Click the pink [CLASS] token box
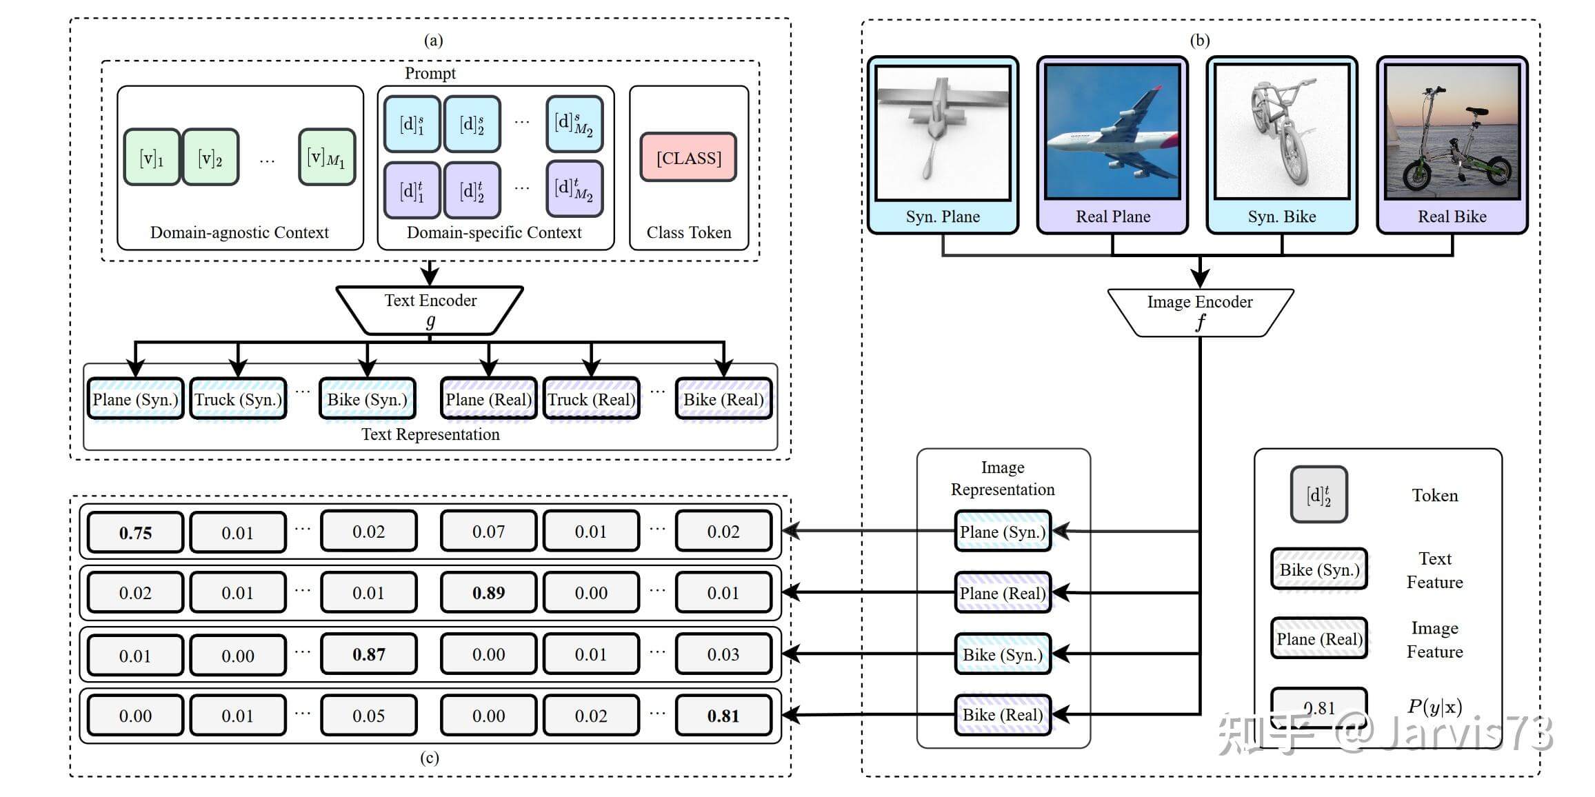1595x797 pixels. tap(688, 158)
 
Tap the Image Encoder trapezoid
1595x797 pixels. tap(1200, 312)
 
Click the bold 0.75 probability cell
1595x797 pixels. tap(135, 532)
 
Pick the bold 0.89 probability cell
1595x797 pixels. tap(488, 592)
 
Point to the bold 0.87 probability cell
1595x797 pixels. tap(368, 654)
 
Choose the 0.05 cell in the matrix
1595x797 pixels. tap(368, 716)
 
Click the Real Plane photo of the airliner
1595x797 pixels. tap(1112, 132)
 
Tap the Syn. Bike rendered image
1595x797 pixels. tap(1281, 132)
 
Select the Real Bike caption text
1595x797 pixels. tap(1452, 216)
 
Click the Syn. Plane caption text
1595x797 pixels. tap(943, 216)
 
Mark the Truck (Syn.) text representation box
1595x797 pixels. tap(238, 399)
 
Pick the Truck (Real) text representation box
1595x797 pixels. tap(591, 399)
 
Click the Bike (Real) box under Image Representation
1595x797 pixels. tap(1003, 715)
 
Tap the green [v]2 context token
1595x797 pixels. tap(210, 158)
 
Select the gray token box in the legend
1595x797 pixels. tap(1318, 494)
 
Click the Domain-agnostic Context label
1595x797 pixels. tap(239, 232)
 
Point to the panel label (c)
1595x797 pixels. tap(430, 758)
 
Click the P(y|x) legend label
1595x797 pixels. tap(1434, 707)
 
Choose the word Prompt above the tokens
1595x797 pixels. tap(430, 73)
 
